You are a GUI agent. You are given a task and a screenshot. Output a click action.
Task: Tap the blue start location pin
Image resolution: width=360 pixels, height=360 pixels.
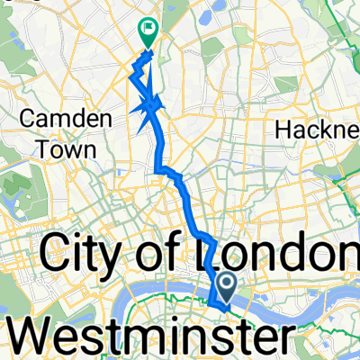(225, 288)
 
